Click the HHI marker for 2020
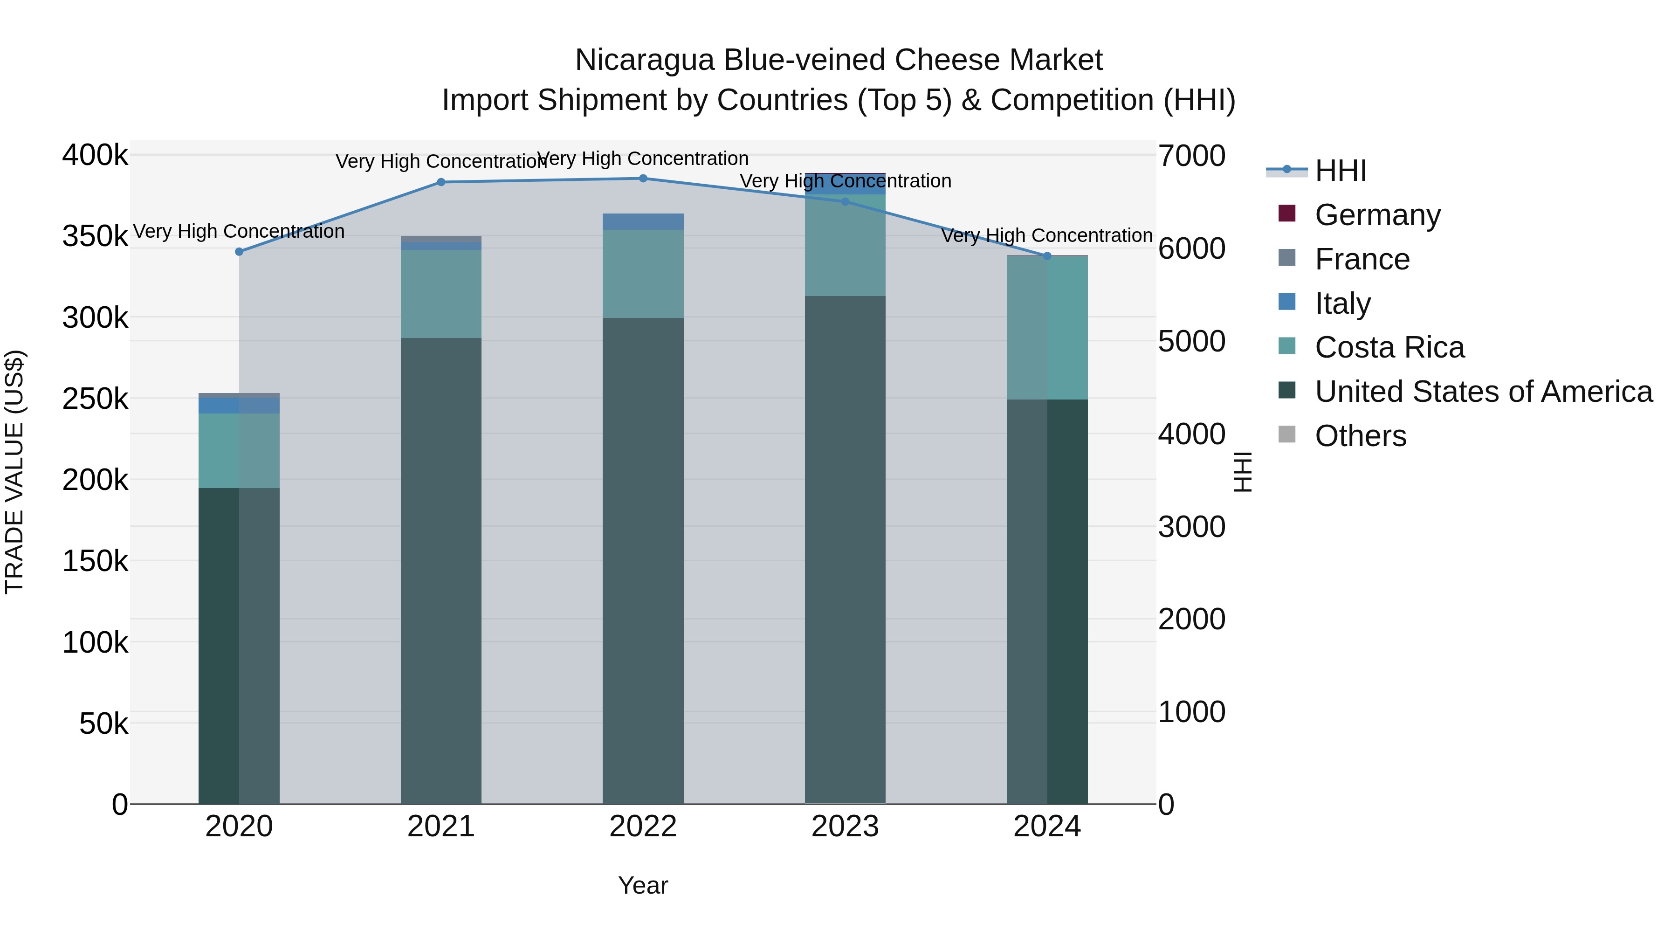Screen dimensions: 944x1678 coord(239,251)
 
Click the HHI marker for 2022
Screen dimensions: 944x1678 coord(643,179)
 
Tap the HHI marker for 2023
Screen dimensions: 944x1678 coord(845,202)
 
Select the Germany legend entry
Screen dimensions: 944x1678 coord(1377,214)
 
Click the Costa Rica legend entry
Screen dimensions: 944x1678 coord(1389,347)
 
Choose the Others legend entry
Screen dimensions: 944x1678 coord(1360,436)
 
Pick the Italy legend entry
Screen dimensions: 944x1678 coord(1342,303)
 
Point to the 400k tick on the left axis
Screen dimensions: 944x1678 coord(95,156)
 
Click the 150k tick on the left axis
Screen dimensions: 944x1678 coord(95,561)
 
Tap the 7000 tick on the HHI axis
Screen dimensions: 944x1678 coord(1191,156)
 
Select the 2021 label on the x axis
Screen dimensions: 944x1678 coord(441,827)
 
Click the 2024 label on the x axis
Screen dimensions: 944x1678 coord(1047,827)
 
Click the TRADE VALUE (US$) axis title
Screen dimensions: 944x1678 coord(14,472)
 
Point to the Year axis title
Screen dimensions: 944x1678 coord(643,885)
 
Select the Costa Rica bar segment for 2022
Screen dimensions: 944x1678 coord(643,274)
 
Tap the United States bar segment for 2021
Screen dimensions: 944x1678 coord(441,570)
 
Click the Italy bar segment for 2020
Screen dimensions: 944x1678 coord(239,405)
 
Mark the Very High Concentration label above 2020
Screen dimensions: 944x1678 coord(239,231)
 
